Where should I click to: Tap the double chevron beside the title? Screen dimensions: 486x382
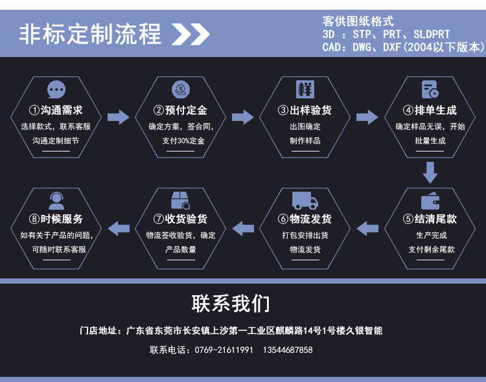click(x=191, y=34)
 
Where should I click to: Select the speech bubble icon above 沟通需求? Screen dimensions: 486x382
click(x=56, y=89)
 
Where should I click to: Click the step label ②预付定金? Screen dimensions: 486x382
click(x=181, y=110)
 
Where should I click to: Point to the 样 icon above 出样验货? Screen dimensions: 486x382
click(x=305, y=89)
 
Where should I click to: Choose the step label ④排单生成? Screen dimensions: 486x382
click(x=430, y=110)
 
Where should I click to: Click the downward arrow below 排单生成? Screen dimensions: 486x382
click(x=430, y=173)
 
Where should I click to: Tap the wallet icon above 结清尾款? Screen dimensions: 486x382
click(x=430, y=201)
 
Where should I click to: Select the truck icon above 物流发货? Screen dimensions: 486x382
click(x=305, y=200)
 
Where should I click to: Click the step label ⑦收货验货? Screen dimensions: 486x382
click(x=181, y=219)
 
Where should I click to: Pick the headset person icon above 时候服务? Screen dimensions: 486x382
click(x=56, y=200)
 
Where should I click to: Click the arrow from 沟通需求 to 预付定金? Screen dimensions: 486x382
click(x=118, y=117)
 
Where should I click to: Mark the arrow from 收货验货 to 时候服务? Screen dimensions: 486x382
click(x=118, y=227)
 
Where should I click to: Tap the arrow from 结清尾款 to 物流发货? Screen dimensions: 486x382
click(x=367, y=227)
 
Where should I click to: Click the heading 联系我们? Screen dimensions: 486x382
click(x=231, y=303)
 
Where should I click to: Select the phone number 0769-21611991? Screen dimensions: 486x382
click(x=224, y=350)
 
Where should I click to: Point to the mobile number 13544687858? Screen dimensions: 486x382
click(x=288, y=350)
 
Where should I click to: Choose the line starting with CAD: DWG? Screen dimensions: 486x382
click(x=402, y=47)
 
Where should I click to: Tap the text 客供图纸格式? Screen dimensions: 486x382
click(x=358, y=21)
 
